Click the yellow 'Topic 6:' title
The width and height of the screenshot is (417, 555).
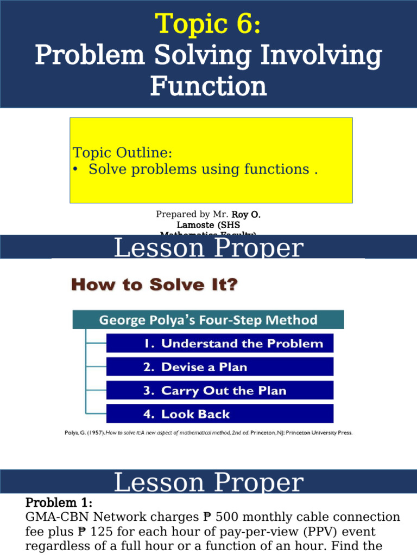click(208, 24)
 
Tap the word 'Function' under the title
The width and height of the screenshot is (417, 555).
click(208, 86)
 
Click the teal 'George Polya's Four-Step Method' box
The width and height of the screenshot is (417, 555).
click(208, 320)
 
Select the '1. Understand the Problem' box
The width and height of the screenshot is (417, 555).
click(219, 343)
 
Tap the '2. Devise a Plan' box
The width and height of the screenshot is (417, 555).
click(219, 367)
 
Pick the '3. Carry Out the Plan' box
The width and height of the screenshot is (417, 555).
click(219, 391)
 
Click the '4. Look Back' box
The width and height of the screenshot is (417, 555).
click(219, 414)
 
